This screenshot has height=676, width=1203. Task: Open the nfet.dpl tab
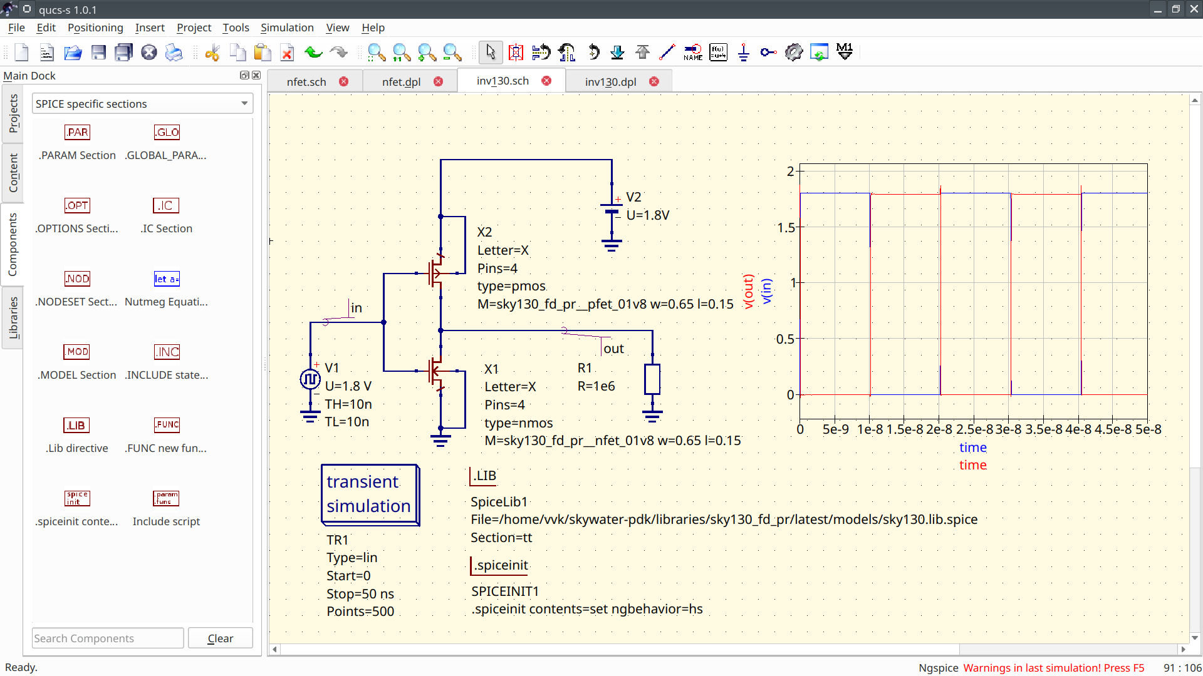[401, 82]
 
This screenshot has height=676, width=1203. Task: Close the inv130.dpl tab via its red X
[654, 82]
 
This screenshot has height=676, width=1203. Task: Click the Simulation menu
[287, 28]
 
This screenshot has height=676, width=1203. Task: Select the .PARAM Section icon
[77, 133]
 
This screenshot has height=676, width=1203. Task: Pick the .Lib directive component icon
[77, 426]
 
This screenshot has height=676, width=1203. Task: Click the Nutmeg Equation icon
[167, 279]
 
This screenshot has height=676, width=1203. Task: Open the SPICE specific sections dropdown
[142, 104]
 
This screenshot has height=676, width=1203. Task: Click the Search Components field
[108, 638]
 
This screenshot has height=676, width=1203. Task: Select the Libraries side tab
[13, 318]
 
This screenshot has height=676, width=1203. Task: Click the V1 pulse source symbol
[310, 379]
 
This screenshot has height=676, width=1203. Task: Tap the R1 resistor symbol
[652, 379]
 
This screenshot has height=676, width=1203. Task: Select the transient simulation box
[369, 494]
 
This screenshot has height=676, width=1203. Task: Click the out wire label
[613, 349]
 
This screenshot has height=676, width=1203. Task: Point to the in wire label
[356, 308]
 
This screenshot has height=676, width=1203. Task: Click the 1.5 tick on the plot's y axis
[786, 227]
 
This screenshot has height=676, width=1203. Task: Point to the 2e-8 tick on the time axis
[939, 429]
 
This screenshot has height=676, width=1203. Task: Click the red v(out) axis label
[748, 291]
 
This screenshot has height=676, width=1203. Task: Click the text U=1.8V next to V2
[647, 215]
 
